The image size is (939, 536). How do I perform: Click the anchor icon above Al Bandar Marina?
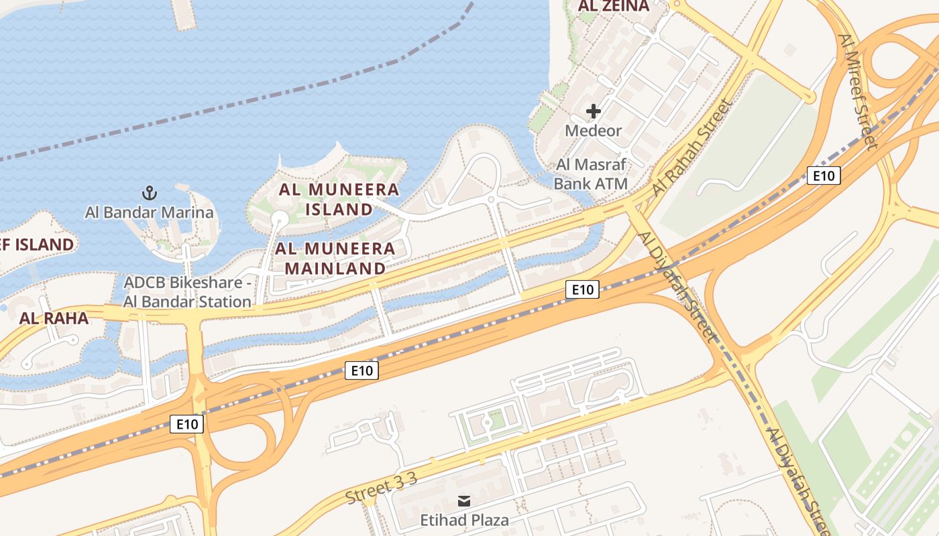pos(149,194)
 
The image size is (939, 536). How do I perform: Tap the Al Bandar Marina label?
pos(149,213)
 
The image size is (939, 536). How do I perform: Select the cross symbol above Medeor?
pos(593,111)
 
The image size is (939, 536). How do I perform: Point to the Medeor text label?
pos(593,130)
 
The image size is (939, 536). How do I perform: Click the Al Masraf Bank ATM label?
pos(591,174)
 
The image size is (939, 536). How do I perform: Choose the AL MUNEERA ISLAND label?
pos(339,199)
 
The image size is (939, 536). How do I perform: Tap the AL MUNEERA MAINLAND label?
pos(335,259)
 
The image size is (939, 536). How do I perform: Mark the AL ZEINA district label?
pos(614,7)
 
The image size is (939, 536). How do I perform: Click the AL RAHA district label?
pos(54,318)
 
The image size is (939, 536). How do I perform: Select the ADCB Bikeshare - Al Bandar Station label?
pos(187,292)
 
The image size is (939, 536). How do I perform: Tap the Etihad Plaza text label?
pos(464,520)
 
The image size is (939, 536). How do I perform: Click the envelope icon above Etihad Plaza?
pos(463,501)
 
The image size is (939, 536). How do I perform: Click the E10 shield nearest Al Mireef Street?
pos(823,176)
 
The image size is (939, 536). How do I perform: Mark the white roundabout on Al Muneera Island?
pos(279,218)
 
